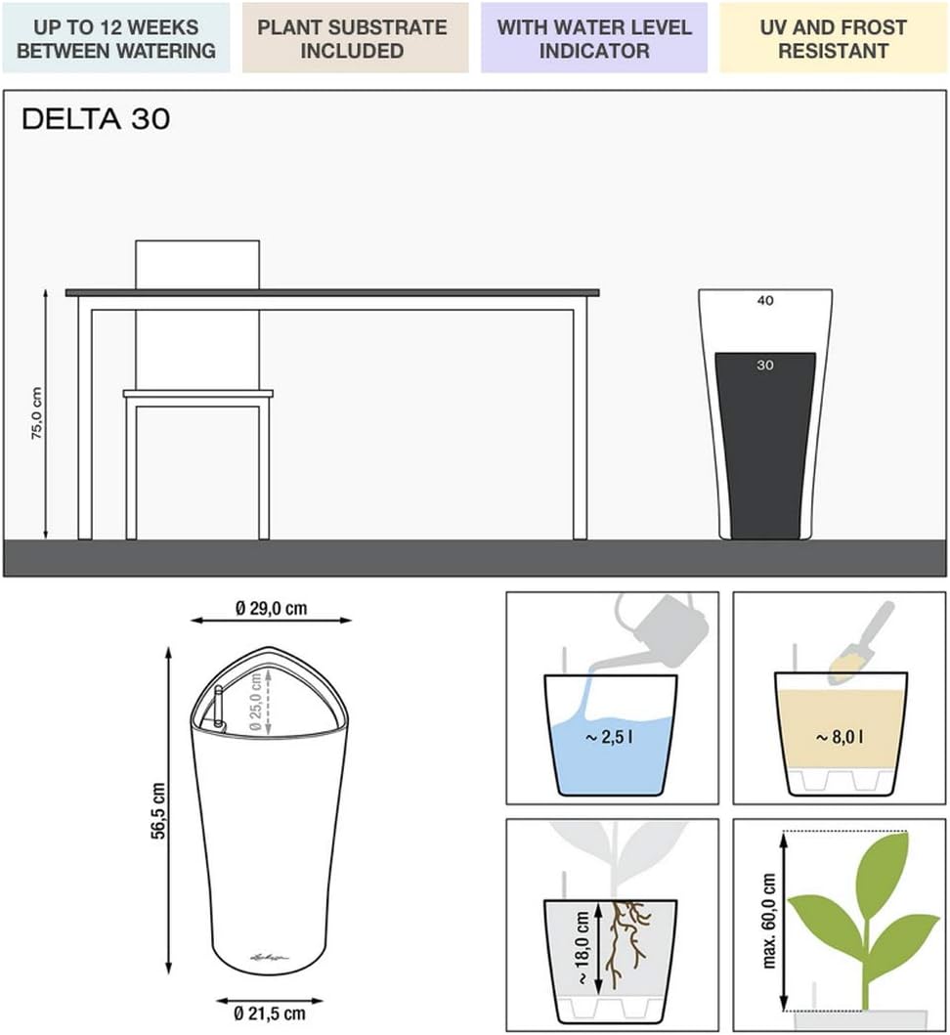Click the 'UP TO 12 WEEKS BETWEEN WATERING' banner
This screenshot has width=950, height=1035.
116,38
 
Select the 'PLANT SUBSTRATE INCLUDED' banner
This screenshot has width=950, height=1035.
353,38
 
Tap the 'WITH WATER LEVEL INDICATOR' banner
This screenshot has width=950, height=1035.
593,38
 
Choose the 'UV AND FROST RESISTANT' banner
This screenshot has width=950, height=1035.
834,38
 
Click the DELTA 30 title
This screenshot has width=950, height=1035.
96,119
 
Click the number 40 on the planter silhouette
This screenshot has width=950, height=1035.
765,301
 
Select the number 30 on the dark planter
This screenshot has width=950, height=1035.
765,365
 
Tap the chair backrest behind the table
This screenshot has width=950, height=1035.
197,264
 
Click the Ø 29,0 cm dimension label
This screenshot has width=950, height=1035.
271,608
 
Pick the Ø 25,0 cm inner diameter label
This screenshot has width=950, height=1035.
255,701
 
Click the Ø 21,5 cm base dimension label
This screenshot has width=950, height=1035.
270,1013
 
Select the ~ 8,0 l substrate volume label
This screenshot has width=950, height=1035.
839,736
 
